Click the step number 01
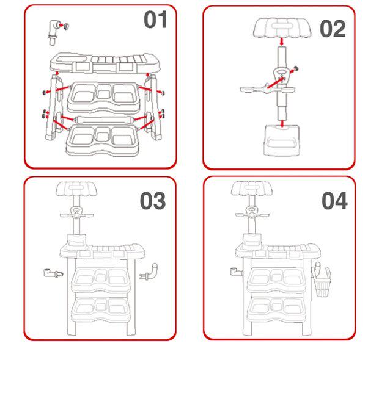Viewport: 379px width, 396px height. (x=155, y=20)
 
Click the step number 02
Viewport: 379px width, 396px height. (x=333, y=29)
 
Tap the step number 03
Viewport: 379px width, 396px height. (x=153, y=201)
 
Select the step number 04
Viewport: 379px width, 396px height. (x=334, y=201)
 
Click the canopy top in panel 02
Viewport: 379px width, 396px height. (x=282, y=28)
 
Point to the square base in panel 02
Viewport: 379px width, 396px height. (x=281, y=142)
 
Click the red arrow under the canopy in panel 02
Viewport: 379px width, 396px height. (x=282, y=43)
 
